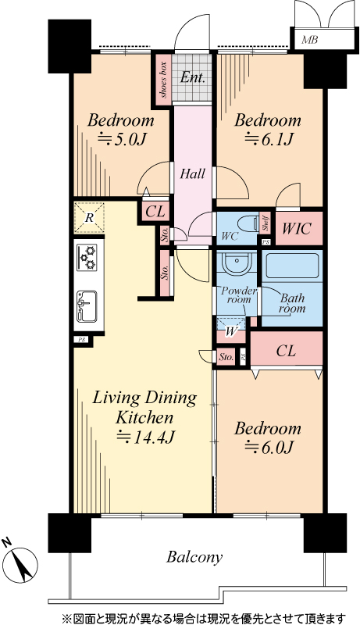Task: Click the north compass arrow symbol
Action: point(21,562)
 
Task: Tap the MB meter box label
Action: point(309,40)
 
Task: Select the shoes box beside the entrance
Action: point(163,80)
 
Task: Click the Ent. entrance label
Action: point(192,77)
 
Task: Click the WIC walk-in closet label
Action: point(296,229)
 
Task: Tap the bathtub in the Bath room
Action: point(293,266)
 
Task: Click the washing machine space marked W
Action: point(230,330)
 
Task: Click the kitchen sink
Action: point(87,305)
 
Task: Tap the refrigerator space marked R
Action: point(89,218)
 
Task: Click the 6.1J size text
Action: point(269,139)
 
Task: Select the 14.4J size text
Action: point(144,437)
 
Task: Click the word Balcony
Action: point(194,557)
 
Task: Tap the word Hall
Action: point(193,173)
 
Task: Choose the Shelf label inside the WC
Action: point(265,223)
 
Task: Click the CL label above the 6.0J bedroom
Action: point(286,351)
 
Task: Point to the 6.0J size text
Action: point(269,448)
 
